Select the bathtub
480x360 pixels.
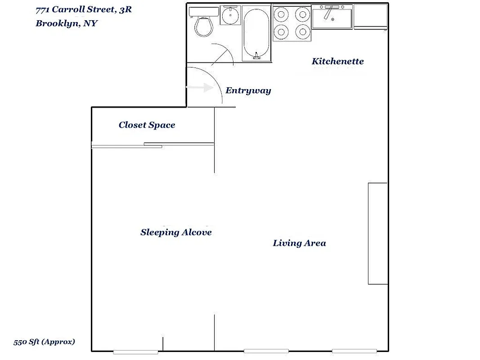(256, 33)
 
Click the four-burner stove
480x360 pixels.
(292, 23)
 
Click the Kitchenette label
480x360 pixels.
(337, 61)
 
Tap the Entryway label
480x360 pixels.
(248, 90)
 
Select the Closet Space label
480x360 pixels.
(147, 125)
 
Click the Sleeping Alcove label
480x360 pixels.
(176, 232)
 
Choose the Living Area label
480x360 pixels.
(299, 243)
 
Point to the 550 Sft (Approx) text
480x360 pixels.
(44, 342)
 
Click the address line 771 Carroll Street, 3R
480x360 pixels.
(84, 9)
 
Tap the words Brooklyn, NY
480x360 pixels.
(67, 23)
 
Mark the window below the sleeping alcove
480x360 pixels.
(135, 351)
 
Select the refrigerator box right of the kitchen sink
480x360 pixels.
(370, 17)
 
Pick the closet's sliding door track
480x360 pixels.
(153, 145)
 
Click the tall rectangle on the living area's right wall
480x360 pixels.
(378, 233)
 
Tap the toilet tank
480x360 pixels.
(203, 11)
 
